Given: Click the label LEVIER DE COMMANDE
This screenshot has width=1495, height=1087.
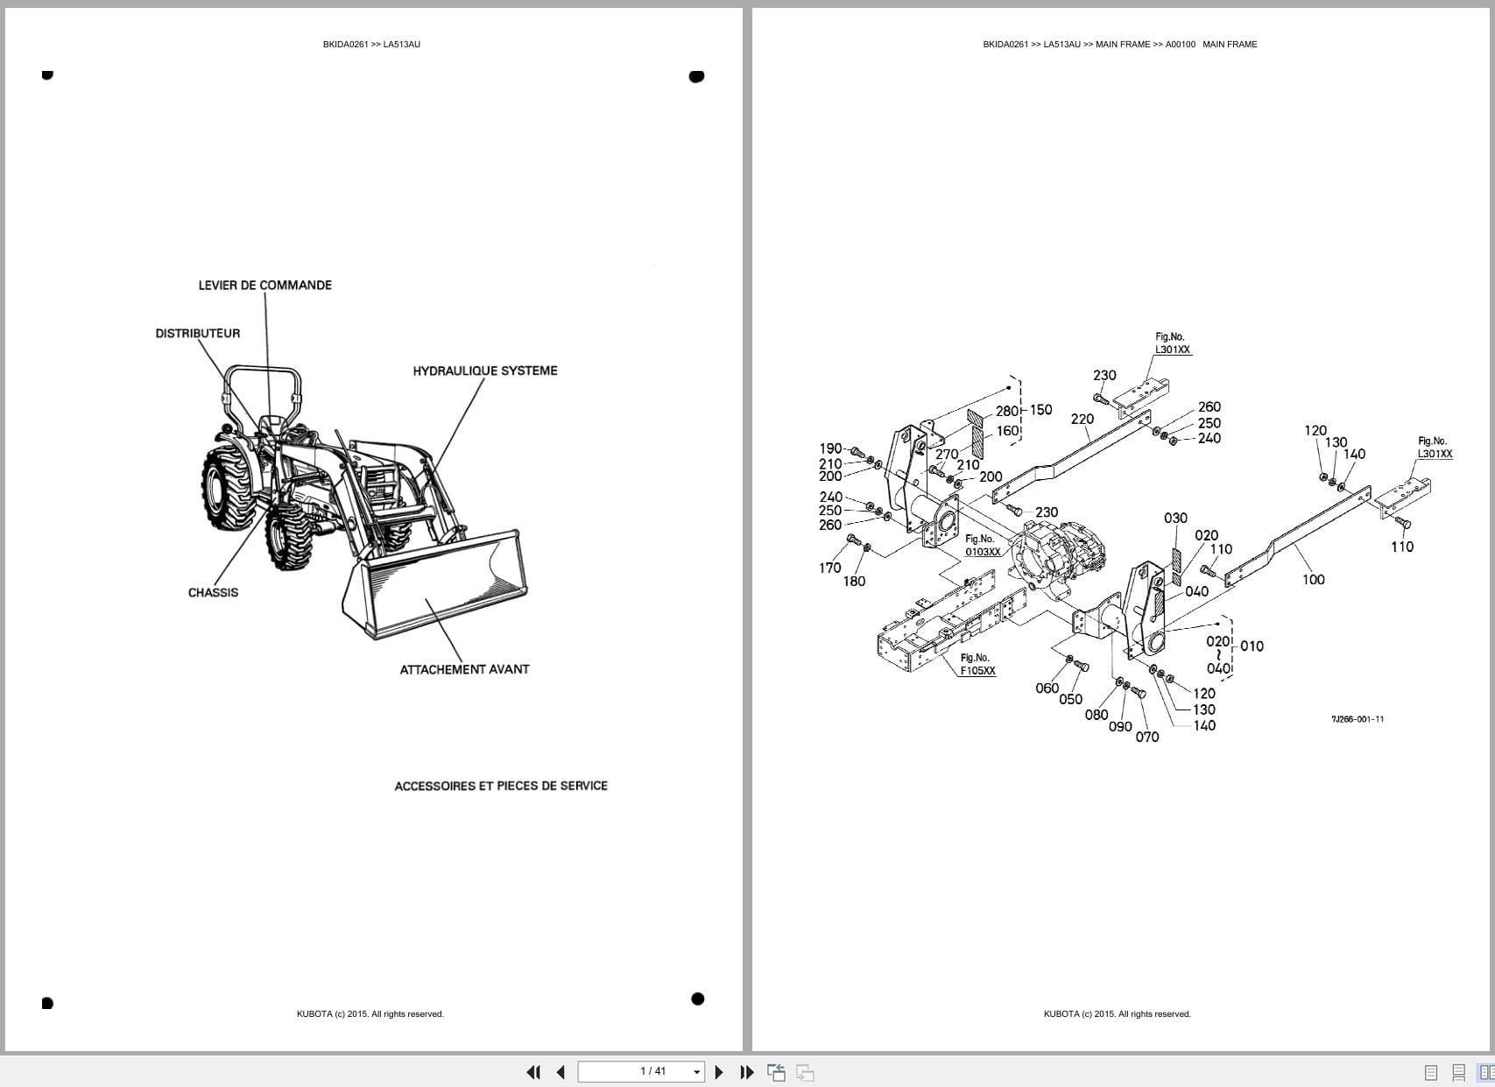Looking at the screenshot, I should click(x=264, y=286).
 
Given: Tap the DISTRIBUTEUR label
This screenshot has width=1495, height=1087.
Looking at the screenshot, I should click(x=197, y=334).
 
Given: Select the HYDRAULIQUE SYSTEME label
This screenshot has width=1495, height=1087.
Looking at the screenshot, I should click(x=484, y=371).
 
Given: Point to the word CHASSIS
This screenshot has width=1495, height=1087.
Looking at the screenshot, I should click(x=213, y=593).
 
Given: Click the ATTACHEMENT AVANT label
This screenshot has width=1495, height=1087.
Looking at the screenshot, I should click(x=464, y=669).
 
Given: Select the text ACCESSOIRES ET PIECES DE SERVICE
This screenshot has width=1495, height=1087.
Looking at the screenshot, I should click(x=500, y=787).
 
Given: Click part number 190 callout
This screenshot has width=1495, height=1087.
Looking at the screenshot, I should click(x=830, y=448).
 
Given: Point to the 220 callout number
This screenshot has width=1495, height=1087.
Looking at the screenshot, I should click(x=1082, y=420).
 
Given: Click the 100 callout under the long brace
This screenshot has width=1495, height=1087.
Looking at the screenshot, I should click(x=1313, y=580).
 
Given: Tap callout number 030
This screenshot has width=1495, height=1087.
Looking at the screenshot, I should click(x=1175, y=519).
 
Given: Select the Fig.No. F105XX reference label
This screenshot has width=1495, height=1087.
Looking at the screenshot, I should click(x=977, y=665).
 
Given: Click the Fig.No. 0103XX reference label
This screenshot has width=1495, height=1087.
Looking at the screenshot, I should click(x=982, y=546).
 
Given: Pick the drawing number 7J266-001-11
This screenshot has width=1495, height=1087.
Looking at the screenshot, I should click(x=1357, y=719).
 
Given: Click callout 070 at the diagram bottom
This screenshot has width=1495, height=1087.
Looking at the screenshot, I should click(x=1146, y=738).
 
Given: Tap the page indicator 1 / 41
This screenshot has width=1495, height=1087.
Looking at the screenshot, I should click(x=653, y=1071).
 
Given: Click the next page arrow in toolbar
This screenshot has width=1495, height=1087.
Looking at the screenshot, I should click(x=719, y=1072).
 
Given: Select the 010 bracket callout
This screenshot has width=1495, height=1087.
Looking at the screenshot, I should click(x=1252, y=646).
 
